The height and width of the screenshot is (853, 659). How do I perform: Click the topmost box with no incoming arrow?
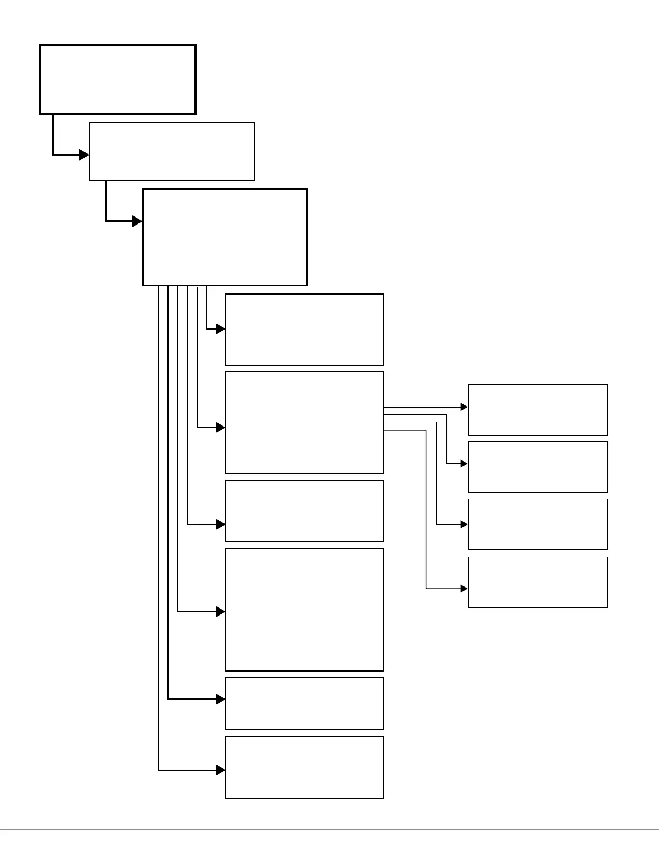[117, 80]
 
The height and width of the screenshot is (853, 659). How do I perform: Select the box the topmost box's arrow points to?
[172, 151]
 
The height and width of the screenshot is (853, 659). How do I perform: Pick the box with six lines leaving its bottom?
[225, 237]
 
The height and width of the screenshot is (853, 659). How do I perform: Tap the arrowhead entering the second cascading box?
[84, 155]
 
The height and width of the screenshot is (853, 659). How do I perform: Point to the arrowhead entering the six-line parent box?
[137, 221]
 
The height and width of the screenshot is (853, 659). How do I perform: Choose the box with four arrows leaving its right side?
[304, 423]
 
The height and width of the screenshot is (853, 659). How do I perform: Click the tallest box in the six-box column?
[304, 610]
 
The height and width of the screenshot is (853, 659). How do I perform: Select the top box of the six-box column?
[304, 330]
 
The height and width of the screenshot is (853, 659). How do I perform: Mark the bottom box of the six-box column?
[304, 767]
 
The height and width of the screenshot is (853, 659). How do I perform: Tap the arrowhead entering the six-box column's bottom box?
[221, 770]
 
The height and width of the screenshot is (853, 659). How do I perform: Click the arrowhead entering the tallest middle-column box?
[221, 612]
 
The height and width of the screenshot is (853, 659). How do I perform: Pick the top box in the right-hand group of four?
[538, 410]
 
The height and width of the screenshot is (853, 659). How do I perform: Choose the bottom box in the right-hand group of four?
[538, 582]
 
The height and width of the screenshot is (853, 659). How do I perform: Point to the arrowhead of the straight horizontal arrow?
[464, 407]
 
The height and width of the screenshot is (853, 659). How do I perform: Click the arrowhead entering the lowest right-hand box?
[464, 589]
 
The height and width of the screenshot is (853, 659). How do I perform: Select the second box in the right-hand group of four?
[538, 467]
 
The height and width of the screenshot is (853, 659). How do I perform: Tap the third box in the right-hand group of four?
[538, 524]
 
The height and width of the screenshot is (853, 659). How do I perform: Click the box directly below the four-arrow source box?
[304, 511]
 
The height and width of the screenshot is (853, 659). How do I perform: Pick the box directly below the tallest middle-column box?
[304, 703]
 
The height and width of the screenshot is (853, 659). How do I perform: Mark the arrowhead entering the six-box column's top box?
[221, 329]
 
